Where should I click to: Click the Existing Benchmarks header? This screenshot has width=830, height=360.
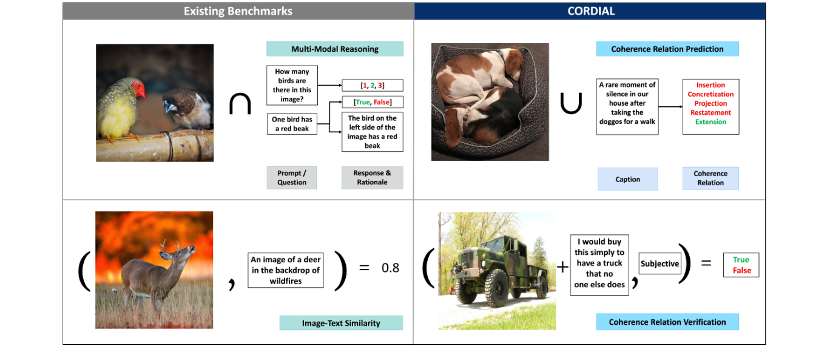pyautogui.click(x=238, y=12)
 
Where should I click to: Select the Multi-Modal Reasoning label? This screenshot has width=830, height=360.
pyautogui.click(x=334, y=49)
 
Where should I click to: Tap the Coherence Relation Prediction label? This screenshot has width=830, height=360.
pyautogui.click(x=667, y=49)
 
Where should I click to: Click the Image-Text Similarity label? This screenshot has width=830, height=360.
pyautogui.click(x=341, y=323)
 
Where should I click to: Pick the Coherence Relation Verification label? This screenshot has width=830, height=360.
pyautogui.click(x=667, y=322)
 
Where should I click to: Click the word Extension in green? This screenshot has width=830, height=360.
pyautogui.click(x=710, y=122)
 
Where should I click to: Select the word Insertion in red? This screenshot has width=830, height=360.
pyautogui.click(x=710, y=86)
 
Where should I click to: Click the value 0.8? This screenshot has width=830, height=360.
pyautogui.click(x=390, y=268)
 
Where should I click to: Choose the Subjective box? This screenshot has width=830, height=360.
pyautogui.click(x=660, y=264)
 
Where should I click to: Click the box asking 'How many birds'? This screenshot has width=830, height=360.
pyautogui.click(x=292, y=85)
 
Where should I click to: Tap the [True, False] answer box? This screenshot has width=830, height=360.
pyautogui.click(x=373, y=103)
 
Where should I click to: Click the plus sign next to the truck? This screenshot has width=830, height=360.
pyautogui.click(x=562, y=267)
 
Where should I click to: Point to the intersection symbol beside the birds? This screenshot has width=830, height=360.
pyautogui.click(x=240, y=104)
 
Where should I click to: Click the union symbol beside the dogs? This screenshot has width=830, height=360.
pyautogui.click(x=571, y=104)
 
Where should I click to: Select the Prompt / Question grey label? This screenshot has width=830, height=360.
pyautogui.click(x=292, y=177)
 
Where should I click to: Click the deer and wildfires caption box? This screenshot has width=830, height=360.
pyautogui.click(x=285, y=270)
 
